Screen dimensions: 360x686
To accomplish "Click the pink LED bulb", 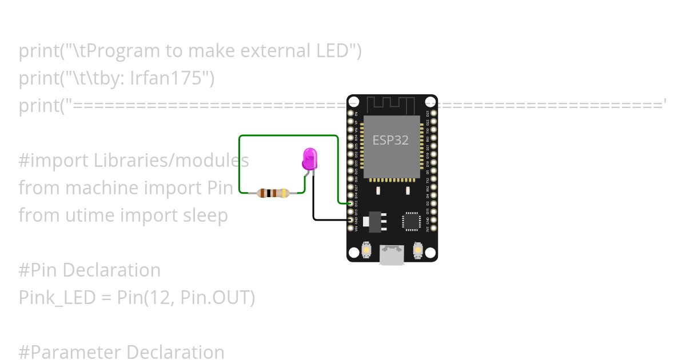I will (309, 158).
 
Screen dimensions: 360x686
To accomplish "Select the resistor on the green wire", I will (273, 193).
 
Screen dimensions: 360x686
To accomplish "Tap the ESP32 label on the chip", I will (390, 140).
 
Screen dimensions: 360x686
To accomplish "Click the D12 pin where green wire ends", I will (351, 203).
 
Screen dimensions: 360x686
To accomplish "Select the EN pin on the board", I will (351, 114).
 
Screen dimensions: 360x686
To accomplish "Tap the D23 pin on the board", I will (433, 114).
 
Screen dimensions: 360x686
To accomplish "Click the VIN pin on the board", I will (351, 228).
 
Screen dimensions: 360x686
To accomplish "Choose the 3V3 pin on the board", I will (433, 228).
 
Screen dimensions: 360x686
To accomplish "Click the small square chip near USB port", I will (411, 221).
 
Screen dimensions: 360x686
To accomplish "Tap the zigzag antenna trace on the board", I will (390, 105).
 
